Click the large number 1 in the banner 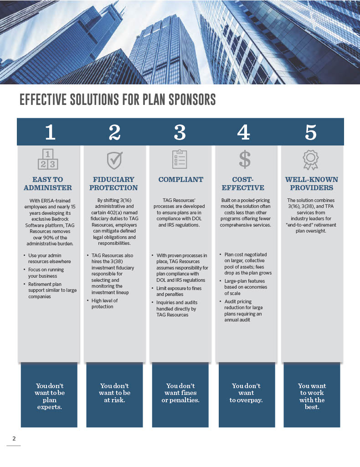50,132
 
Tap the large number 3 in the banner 180,132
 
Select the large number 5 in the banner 310,132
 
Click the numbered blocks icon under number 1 48,159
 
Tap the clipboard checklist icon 180,159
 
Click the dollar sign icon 245,159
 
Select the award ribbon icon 310,160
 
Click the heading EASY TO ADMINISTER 48,183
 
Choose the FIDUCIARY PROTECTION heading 113,183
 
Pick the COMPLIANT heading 180,180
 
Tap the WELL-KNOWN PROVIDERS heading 311,183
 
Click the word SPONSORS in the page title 187,100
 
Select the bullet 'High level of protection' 104,303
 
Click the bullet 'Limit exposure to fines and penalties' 179,291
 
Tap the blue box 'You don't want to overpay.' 247,394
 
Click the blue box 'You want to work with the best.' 312,394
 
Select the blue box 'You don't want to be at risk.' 115,394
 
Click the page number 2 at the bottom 14,439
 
